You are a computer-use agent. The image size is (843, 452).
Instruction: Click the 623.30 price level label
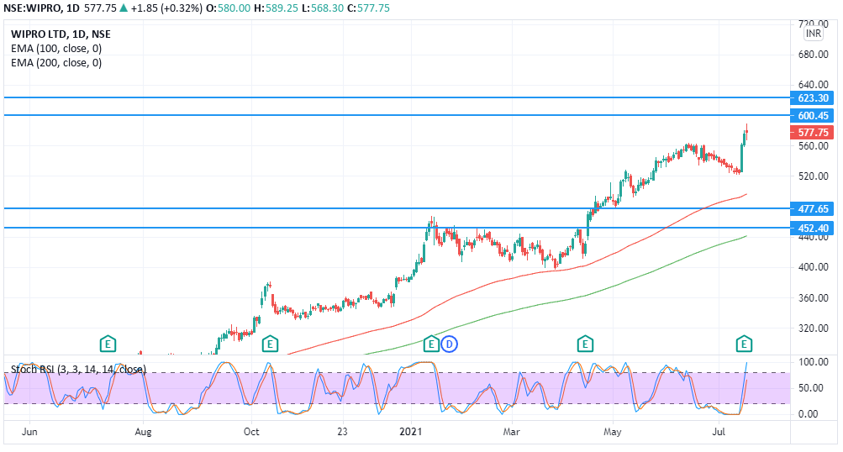(x=813, y=97)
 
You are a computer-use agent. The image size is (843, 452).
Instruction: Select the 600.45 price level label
(x=813, y=115)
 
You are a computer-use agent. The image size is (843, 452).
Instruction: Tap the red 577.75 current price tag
(x=813, y=133)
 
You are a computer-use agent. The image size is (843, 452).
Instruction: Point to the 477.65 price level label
(x=813, y=208)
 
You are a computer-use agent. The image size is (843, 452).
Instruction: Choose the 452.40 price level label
(x=813, y=228)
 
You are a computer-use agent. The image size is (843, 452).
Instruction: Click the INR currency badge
(x=814, y=34)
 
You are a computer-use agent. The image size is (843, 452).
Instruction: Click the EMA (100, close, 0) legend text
(x=56, y=48)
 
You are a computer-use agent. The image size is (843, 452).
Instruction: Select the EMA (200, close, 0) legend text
(x=56, y=62)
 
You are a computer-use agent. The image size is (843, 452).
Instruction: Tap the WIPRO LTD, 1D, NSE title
(x=60, y=34)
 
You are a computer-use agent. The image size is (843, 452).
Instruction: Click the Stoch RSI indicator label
(x=78, y=370)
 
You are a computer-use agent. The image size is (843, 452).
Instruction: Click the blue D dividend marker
(x=450, y=343)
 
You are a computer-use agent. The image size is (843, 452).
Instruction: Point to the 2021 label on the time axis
(x=411, y=433)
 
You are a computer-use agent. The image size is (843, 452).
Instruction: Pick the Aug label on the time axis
(x=143, y=433)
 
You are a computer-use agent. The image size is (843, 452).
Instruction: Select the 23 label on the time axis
(x=343, y=433)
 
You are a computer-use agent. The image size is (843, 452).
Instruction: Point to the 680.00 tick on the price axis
(x=813, y=55)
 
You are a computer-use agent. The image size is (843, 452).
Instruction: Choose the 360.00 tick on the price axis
(x=813, y=298)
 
